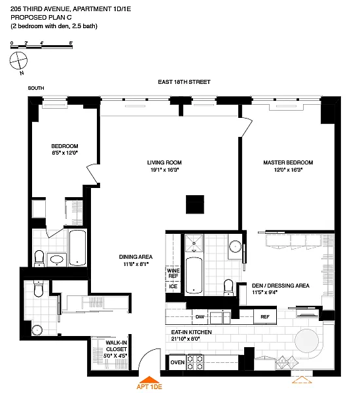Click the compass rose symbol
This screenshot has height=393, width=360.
(18, 60)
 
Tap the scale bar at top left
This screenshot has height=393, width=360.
(42, 47)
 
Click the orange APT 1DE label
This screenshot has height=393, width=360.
(149, 386)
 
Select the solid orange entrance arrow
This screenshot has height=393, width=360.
(149, 379)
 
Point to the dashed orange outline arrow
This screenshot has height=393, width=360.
(302, 379)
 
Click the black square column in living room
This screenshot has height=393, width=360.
(195, 204)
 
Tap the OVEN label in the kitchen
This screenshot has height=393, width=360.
(177, 362)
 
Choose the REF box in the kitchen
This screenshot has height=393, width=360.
(265, 316)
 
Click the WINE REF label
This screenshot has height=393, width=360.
(173, 273)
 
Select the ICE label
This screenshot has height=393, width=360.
(173, 286)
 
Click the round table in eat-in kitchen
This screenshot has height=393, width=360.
(306, 341)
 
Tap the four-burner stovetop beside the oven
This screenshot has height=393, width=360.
(195, 363)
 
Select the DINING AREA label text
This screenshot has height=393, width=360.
(135, 257)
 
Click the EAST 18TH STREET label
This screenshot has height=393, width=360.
(184, 82)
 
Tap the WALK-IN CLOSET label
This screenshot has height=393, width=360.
(116, 346)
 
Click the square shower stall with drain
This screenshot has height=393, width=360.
(194, 244)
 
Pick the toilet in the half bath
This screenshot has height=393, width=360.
(39, 289)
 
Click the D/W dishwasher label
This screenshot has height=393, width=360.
(200, 317)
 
